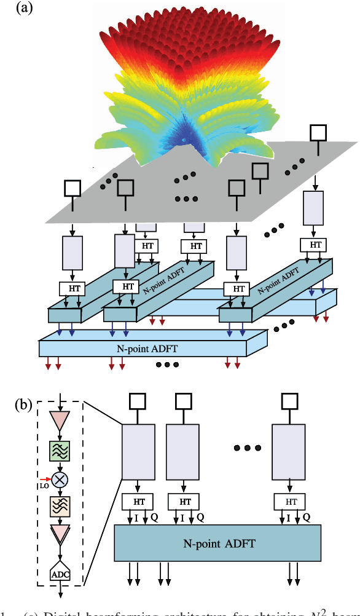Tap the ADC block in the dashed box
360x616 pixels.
(x=60, y=574)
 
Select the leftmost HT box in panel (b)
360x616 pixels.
(x=136, y=500)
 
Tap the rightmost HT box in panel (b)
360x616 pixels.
(x=291, y=500)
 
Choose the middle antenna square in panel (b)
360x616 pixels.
(x=186, y=401)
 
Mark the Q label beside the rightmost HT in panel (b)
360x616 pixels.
(x=307, y=518)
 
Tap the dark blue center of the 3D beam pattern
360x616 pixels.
(x=185, y=141)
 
